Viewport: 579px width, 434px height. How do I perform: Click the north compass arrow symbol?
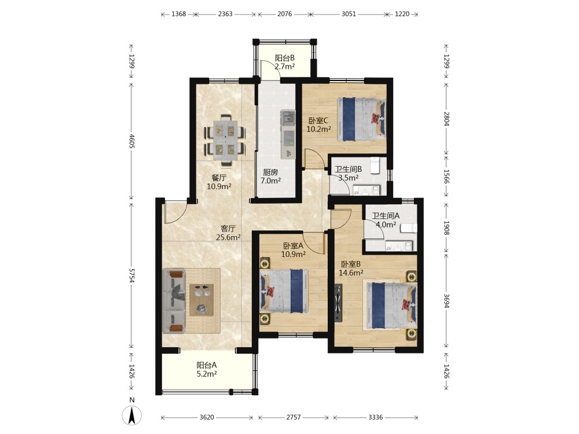pyautogui.click(x=132, y=415)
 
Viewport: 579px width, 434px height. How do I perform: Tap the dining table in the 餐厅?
pyautogui.click(x=225, y=140)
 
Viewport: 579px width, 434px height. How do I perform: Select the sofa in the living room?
pyautogui.click(x=174, y=301)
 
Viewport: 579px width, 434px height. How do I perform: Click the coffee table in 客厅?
pyautogui.click(x=201, y=300)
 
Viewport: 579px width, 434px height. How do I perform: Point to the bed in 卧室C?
pyautogui.click(x=361, y=119)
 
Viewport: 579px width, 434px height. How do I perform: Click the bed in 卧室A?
pyautogui.click(x=284, y=291)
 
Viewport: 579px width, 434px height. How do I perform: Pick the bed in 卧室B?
pyautogui.click(x=391, y=305)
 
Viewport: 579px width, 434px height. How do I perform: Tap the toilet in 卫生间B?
pyautogui.click(x=375, y=165)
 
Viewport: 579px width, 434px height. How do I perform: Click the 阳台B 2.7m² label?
pyautogui.click(x=285, y=62)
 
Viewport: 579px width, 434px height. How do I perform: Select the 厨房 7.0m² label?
pyautogui.click(x=270, y=176)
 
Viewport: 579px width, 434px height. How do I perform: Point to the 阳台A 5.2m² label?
pyautogui.click(x=207, y=369)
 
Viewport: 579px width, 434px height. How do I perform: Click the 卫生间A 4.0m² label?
pyautogui.click(x=386, y=220)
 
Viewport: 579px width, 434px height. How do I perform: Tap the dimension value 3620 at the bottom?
pyautogui.click(x=207, y=417)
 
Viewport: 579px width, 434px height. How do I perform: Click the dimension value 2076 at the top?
pyautogui.click(x=284, y=14)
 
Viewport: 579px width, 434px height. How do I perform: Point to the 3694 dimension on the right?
pyautogui.click(x=446, y=301)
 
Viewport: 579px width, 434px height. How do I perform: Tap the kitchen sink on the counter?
pyautogui.click(x=288, y=117)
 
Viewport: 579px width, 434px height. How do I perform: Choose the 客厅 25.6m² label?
pyautogui.click(x=228, y=233)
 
